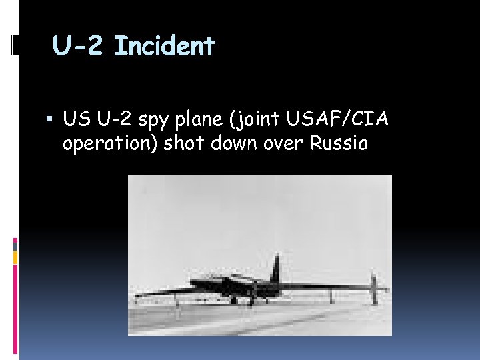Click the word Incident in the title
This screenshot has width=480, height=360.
coord(165,46)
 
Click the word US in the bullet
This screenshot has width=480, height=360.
coord(77,120)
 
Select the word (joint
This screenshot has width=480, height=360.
coord(264,121)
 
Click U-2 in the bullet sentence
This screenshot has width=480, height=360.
coord(115,120)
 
